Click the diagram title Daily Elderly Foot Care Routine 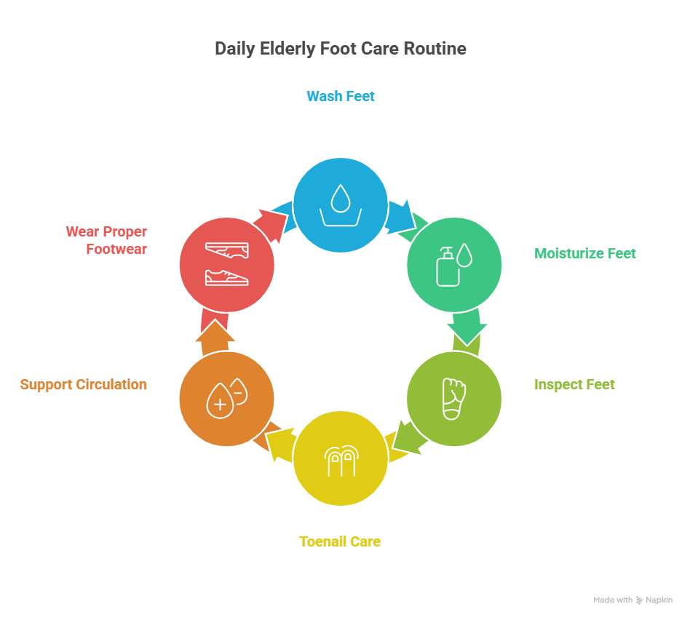[x=340, y=49]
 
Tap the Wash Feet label [x=340, y=96]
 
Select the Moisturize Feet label [x=584, y=253]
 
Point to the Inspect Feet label [x=574, y=384]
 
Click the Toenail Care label [x=340, y=541]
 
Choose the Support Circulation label [x=83, y=384]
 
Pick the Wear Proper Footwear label [x=106, y=240]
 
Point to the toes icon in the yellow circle [x=340, y=459]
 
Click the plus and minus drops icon [x=226, y=398]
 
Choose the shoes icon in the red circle [x=226, y=263]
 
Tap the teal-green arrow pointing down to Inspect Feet [x=466, y=328]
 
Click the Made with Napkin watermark [x=632, y=600]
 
